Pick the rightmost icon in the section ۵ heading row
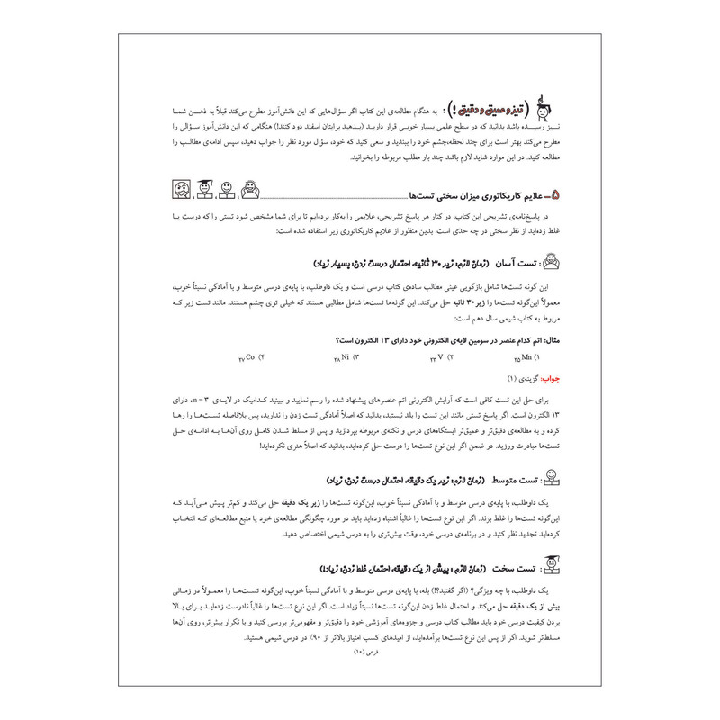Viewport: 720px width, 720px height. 248,190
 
